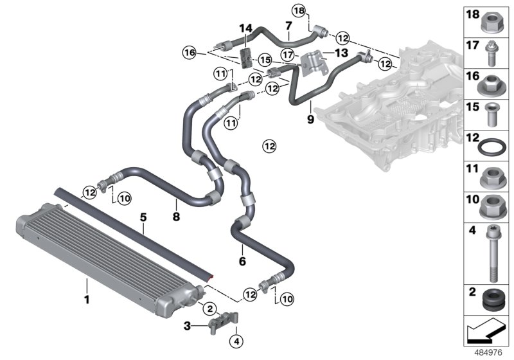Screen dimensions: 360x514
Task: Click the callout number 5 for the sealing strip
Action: point(143,219)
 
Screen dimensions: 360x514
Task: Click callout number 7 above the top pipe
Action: point(288,26)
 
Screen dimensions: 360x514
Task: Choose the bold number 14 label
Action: point(245,28)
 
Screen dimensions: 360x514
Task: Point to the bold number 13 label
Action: point(340,51)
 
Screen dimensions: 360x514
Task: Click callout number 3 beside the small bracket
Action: point(186,327)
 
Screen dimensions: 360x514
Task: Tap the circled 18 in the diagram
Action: point(300,10)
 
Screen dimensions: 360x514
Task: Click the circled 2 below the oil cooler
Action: point(209,309)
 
